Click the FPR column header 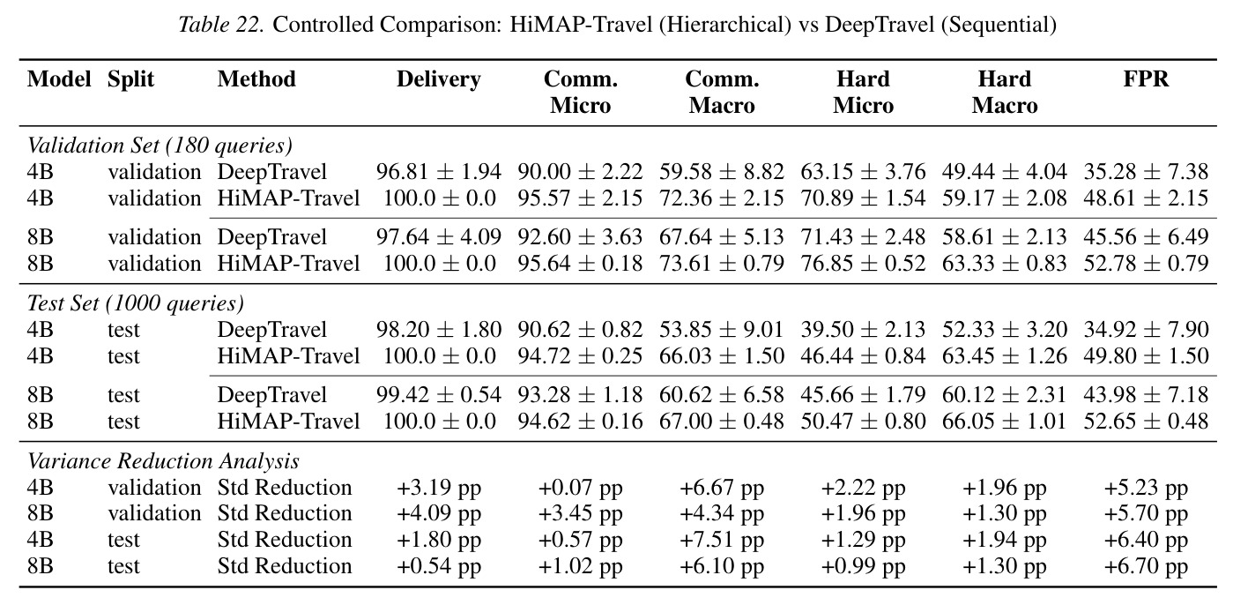pos(1146,79)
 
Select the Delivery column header pos(439,80)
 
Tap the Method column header pos(256,79)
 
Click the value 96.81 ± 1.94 pos(439,172)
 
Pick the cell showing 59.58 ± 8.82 pos(722,172)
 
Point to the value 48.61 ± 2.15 pos(1146,198)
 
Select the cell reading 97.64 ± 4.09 pos(439,237)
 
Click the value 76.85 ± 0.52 pos(863,264)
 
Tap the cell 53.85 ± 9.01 pos(722,330)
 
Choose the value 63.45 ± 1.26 pos(1005,356)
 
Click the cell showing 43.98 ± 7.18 pos(1146,395)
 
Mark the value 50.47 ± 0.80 pos(863,422)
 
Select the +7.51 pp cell pos(722,541)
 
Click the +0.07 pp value pos(580,489)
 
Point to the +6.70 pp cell pos(1146,567)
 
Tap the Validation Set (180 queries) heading pos(160,146)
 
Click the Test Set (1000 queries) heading pos(136,304)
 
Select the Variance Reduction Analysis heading pos(163,461)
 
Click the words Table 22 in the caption pos(221,25)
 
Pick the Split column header pos(130,80)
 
